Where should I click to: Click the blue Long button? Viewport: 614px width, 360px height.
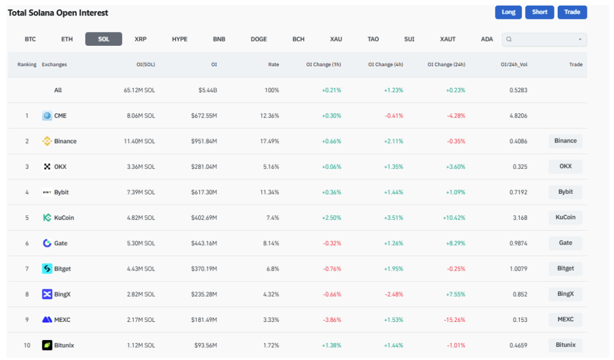coord(509,12)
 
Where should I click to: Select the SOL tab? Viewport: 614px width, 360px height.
coord(103,39)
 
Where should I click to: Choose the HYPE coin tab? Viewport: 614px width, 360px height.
coord(179,39)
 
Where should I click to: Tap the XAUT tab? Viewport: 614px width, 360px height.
coord(448,39)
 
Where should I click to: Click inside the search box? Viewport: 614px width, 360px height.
coord(544,39)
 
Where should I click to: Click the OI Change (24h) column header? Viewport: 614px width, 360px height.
coord(446,65)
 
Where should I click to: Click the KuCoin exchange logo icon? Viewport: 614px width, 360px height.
coord(47,218)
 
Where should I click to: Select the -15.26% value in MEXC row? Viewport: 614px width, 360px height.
coord(454,320)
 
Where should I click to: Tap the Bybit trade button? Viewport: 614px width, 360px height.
coord(565,192)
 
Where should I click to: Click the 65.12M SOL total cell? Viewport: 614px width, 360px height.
coord(139,90)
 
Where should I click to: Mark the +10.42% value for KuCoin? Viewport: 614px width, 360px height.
coord(454,218)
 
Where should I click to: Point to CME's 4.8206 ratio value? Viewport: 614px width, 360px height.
coord(518,116)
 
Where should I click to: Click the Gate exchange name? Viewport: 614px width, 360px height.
coord(61,243)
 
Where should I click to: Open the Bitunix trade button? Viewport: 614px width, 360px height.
coord(565,345)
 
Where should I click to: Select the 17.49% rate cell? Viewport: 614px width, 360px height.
coord(270,141)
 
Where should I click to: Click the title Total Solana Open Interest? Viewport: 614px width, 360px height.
coord(58,13)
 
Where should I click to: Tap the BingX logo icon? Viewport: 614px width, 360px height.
coord(47,294)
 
